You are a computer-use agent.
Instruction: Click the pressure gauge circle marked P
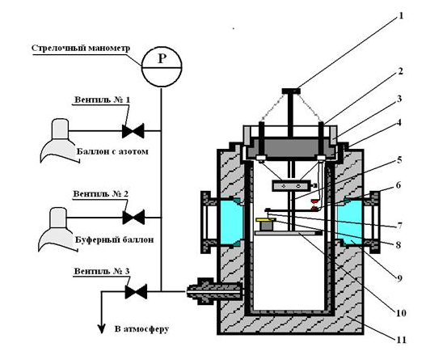(162, 66)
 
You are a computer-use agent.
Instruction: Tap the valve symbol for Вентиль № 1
(133, 130)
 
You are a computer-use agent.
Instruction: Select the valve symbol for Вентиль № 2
(133, 218)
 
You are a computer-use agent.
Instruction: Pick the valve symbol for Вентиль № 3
(136, 291)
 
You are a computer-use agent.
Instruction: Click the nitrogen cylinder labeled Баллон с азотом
(59, 140)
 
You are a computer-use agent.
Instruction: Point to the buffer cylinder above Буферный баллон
(57, 229)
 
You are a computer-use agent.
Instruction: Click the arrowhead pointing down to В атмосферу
(102, 328)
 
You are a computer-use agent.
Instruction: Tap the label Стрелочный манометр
(81, 48)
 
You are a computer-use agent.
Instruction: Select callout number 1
(401, 16)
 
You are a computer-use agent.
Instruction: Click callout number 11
(401, 340)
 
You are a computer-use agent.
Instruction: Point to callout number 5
(399, 160)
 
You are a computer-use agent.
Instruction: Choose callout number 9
(399, 279)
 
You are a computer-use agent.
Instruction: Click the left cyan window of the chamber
(231, 222)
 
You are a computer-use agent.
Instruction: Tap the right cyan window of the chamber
(351, 222)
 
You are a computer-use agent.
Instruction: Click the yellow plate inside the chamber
(265, 220)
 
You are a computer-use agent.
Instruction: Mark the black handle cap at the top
(291, 91)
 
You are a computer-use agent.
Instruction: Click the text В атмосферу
(141, 329)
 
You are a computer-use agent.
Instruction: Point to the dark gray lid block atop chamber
(291, 148)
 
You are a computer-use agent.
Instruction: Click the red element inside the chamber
(314, 205)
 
